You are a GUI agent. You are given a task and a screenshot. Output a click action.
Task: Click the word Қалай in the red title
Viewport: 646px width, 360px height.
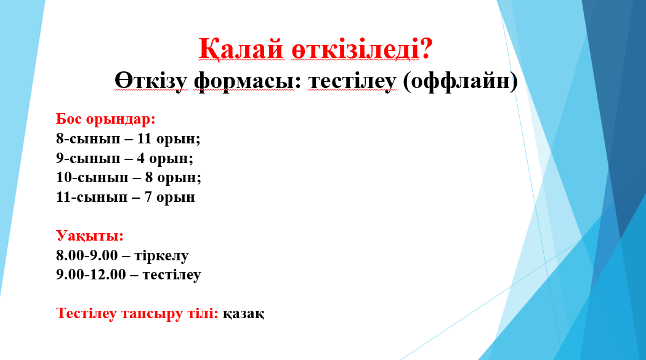241,49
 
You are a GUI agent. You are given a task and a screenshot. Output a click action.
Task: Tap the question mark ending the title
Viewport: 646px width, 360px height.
426,48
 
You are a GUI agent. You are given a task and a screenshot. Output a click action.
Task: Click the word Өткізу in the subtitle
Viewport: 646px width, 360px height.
151,81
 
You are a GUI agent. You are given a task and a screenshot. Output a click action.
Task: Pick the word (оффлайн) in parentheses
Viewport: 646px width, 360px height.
460,81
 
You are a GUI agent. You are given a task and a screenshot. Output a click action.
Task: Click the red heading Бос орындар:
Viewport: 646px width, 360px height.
106,119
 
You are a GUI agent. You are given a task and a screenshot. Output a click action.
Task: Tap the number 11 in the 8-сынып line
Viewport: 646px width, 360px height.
145,138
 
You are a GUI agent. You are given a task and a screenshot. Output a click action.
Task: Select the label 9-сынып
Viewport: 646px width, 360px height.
88,158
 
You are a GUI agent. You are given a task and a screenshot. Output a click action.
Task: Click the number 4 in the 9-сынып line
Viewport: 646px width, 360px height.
141,158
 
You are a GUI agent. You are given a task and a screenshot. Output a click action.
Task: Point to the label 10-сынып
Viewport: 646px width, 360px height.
92,177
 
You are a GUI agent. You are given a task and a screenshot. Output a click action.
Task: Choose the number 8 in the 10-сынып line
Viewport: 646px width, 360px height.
149,177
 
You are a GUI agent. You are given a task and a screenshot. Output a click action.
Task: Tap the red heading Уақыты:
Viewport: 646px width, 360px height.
90,236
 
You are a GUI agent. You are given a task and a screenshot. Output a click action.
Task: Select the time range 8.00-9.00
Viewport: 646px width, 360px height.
87,255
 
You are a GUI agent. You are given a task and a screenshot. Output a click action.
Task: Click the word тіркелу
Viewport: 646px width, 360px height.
161,256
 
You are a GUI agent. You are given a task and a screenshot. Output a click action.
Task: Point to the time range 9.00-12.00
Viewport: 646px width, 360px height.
91,274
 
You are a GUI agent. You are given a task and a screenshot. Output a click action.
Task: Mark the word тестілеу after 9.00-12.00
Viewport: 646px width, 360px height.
172,274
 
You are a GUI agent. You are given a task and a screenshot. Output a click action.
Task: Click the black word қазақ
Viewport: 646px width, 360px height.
243,314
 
